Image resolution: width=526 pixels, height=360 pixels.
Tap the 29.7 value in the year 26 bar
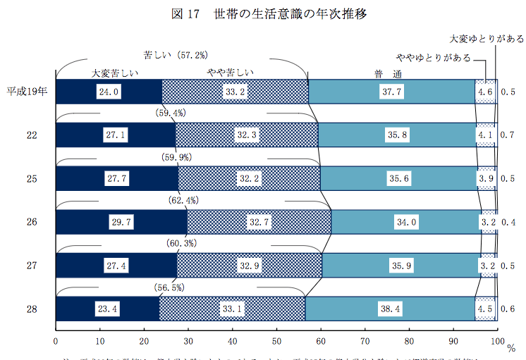coord(122,222)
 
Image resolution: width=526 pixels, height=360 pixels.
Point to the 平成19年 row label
coord(27,91)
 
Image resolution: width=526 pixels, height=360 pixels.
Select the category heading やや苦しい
coord(230,72)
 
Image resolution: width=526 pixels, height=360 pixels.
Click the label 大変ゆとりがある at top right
coord(486,38)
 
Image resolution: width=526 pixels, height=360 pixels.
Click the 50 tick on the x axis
coord(276,342)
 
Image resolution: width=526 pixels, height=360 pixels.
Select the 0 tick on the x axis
coord(55,342)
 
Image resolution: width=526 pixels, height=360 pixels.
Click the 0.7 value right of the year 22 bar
coord(507,135)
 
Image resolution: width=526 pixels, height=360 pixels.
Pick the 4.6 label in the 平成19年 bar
coord(484,91)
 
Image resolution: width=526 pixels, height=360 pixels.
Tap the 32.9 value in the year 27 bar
coord(250,266)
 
